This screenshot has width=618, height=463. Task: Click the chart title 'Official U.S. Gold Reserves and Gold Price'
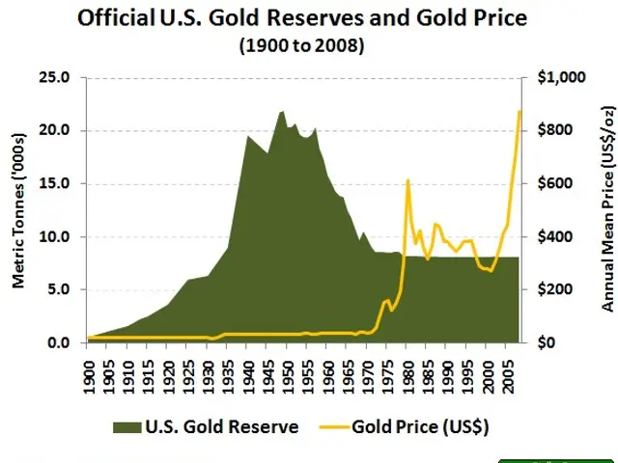[309, 18]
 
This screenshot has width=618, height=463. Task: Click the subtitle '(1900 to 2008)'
[308, 45]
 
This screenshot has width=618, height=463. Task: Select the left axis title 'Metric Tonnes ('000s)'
[17, 209]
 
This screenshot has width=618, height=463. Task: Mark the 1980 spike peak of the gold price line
[407, 180]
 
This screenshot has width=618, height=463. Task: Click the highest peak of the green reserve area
[282, 111]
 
